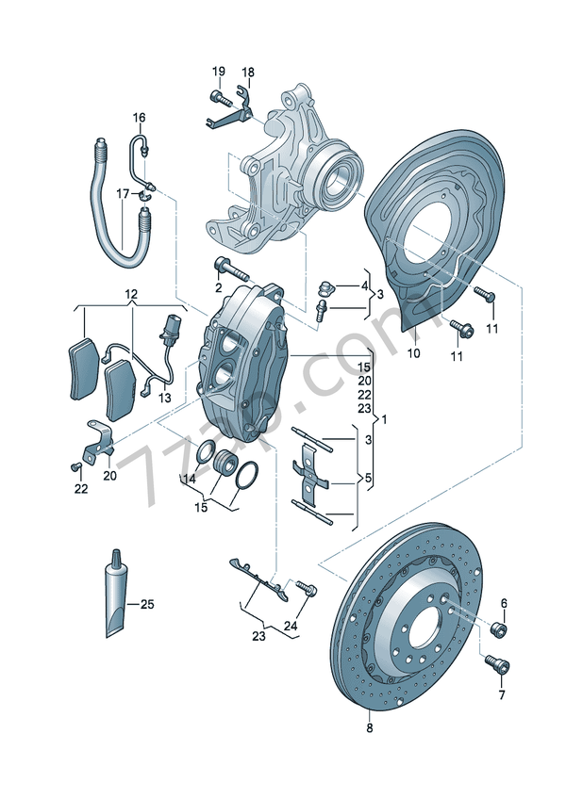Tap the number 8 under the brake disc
[x=369, y=728]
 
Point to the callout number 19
[x=219, y=73]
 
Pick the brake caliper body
[x=241, y=363]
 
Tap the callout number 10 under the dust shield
[x=412, y=354]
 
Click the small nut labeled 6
[x=500, y=628]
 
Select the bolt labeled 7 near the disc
[x=496, y=665]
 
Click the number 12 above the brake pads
[x=130, y=295]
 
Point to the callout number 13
[x=165, y=399]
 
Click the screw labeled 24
[x=305, y=588]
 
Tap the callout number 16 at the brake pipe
[x=139, y=118]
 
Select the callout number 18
[x=249, y=73]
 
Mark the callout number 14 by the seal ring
[x=189, y=479]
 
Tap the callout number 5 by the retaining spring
[x=369, y=479]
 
